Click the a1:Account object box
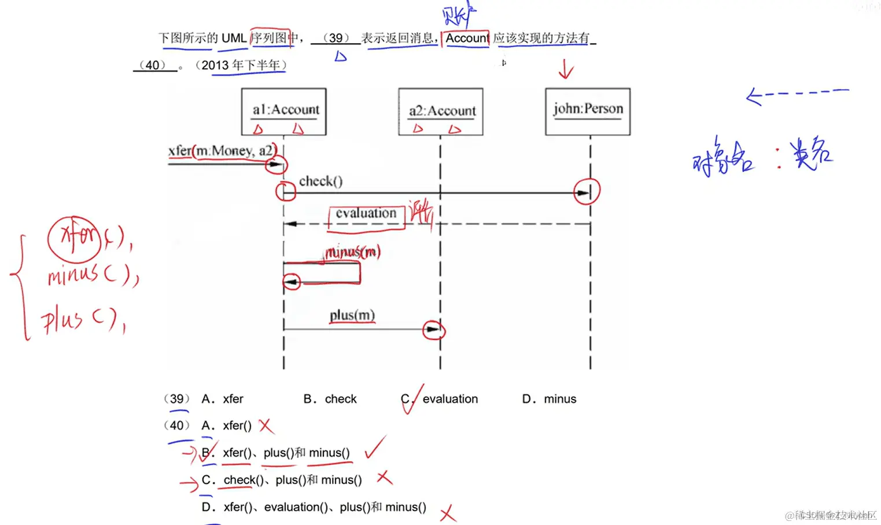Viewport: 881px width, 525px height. point(283,112)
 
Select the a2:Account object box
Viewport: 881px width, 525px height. point(441,112)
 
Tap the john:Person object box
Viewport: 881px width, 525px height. point(588,112)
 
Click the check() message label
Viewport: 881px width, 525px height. point(320,182)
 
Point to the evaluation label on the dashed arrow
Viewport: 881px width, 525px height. point(366,213)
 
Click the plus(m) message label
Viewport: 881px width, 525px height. point(352,316)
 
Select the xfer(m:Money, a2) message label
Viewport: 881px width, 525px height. point(220,151)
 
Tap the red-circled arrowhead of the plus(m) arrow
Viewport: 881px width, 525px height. point(433,330)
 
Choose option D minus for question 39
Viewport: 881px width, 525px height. point(549,399)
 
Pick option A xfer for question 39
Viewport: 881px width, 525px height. point(223,399)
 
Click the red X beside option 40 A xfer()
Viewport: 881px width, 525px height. point(266,426)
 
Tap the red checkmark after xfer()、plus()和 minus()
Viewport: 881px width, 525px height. point(375,448)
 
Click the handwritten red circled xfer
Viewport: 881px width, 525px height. point(75,238)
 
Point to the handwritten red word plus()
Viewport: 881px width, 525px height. point(81,320)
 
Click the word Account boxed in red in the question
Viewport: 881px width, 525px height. point(466,38)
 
